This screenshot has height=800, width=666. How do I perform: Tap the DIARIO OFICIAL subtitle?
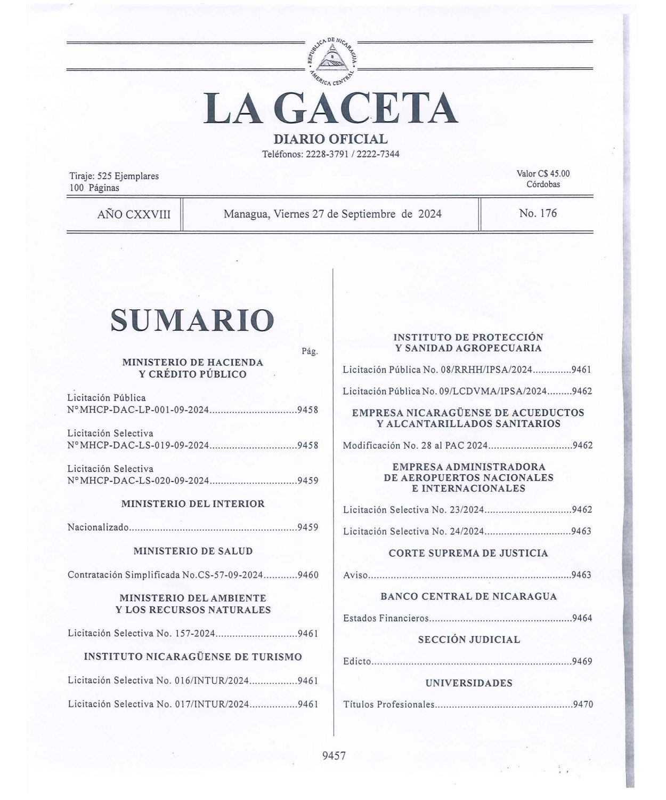[x=330, y=139]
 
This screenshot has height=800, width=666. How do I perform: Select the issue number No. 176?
[x=538, y=213]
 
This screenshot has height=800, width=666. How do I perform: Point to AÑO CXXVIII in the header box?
[x=134, y=214]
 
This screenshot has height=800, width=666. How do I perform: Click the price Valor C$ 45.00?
[x=543, y=174]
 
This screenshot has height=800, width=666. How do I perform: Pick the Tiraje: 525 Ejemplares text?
[x=114, y=176]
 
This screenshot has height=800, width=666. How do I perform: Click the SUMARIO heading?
[x=192, y=320]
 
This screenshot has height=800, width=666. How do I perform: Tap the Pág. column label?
[x=310, y=351]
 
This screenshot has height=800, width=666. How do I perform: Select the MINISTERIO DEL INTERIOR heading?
[x=193, y=503]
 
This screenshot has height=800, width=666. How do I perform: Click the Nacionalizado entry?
[x=99, y=527]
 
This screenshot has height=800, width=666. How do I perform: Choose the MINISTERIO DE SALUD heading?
[x=193, y=551]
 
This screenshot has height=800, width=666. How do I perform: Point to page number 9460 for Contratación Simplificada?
[x=308, y=575]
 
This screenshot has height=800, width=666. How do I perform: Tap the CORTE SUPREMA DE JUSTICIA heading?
[x=468, y=553]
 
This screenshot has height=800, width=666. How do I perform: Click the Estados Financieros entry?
[x=386, y=619]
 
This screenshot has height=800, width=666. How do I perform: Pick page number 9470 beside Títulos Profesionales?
[x=582, y=705]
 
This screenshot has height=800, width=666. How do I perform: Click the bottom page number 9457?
[x=334, y=755]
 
